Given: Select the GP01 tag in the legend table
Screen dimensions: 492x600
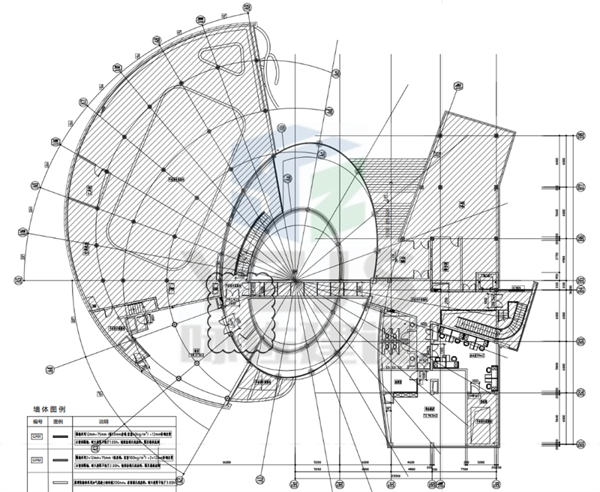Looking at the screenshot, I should click(34, 435).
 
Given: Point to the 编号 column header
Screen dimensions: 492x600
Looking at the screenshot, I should click(34, 422).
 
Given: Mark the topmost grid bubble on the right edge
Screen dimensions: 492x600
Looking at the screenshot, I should click(580, 137).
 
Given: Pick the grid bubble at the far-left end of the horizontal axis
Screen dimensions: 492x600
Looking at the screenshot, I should click(19, 281).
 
